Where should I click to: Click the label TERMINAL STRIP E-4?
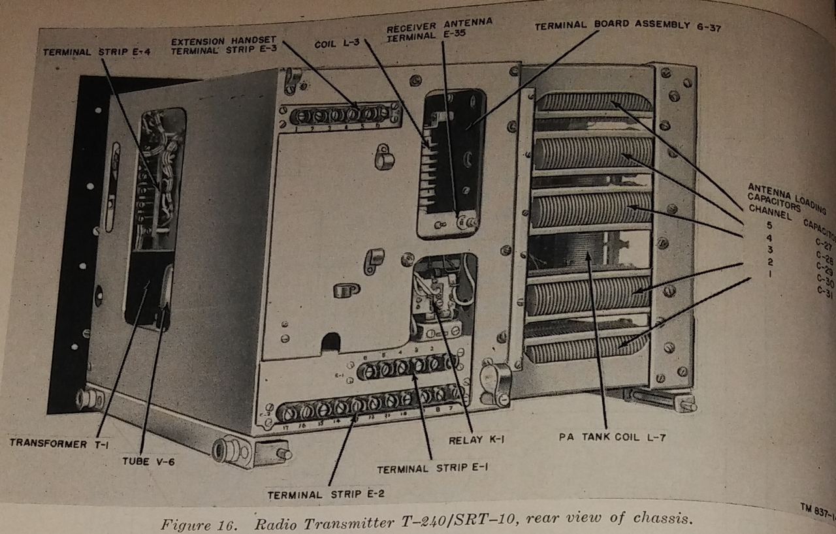tap(97, 52)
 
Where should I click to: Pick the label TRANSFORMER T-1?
tap(58, 443)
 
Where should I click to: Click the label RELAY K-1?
tap(476, 440)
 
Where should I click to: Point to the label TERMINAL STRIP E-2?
tap(325, 494)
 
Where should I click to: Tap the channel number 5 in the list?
tap(752, 225)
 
